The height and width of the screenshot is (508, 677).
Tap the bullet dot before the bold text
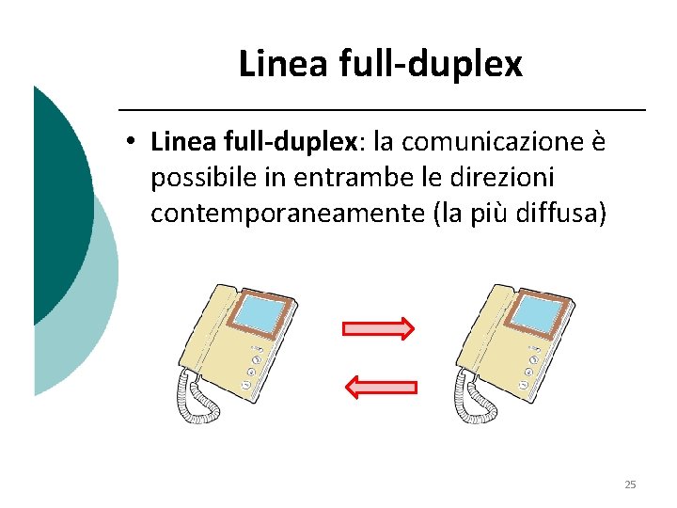click(135, 142)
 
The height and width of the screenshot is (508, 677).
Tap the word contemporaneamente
click(287, 214)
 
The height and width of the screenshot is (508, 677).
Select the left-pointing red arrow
click(380, 386)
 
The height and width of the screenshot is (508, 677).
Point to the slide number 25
click(630, 484)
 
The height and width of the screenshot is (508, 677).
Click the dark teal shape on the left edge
click(59, 207)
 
